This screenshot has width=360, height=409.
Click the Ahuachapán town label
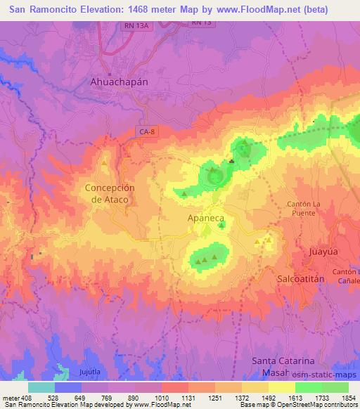click(120, 82)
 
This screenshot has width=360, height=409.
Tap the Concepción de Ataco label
click(110, 193)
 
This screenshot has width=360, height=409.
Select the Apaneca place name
click(205, 219)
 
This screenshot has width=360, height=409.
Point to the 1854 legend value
click(349, 398)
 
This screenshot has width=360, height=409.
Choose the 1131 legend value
click(188, 398)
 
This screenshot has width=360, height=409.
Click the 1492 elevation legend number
click(269, 398)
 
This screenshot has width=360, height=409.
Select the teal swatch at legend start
click(41, 387)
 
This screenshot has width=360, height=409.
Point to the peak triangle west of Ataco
click(104, 163)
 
